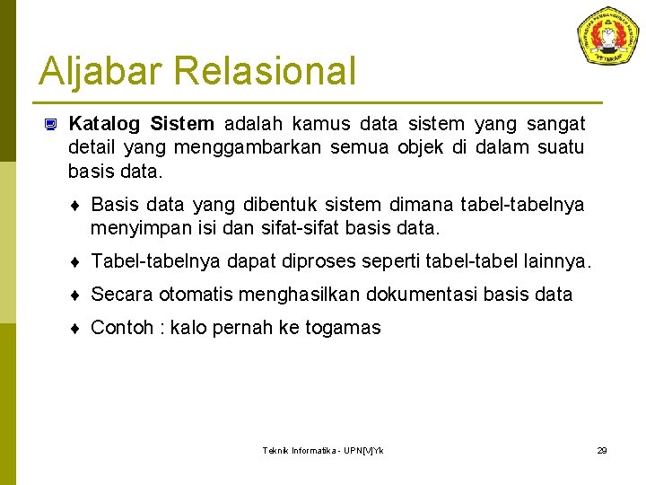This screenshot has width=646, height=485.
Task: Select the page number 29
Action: click(x=602, y=450)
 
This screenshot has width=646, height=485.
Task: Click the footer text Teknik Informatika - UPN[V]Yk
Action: click(x=322, y=450)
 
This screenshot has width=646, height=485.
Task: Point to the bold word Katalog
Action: click(x=105, y=123)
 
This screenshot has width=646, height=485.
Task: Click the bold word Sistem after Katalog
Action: click(x=182, y=123)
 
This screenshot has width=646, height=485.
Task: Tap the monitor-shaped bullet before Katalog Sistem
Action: click(x=53, y=124)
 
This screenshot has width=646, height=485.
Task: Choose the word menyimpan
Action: click(x=132, y=228)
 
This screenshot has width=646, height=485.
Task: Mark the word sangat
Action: click(x=557, y=123)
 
